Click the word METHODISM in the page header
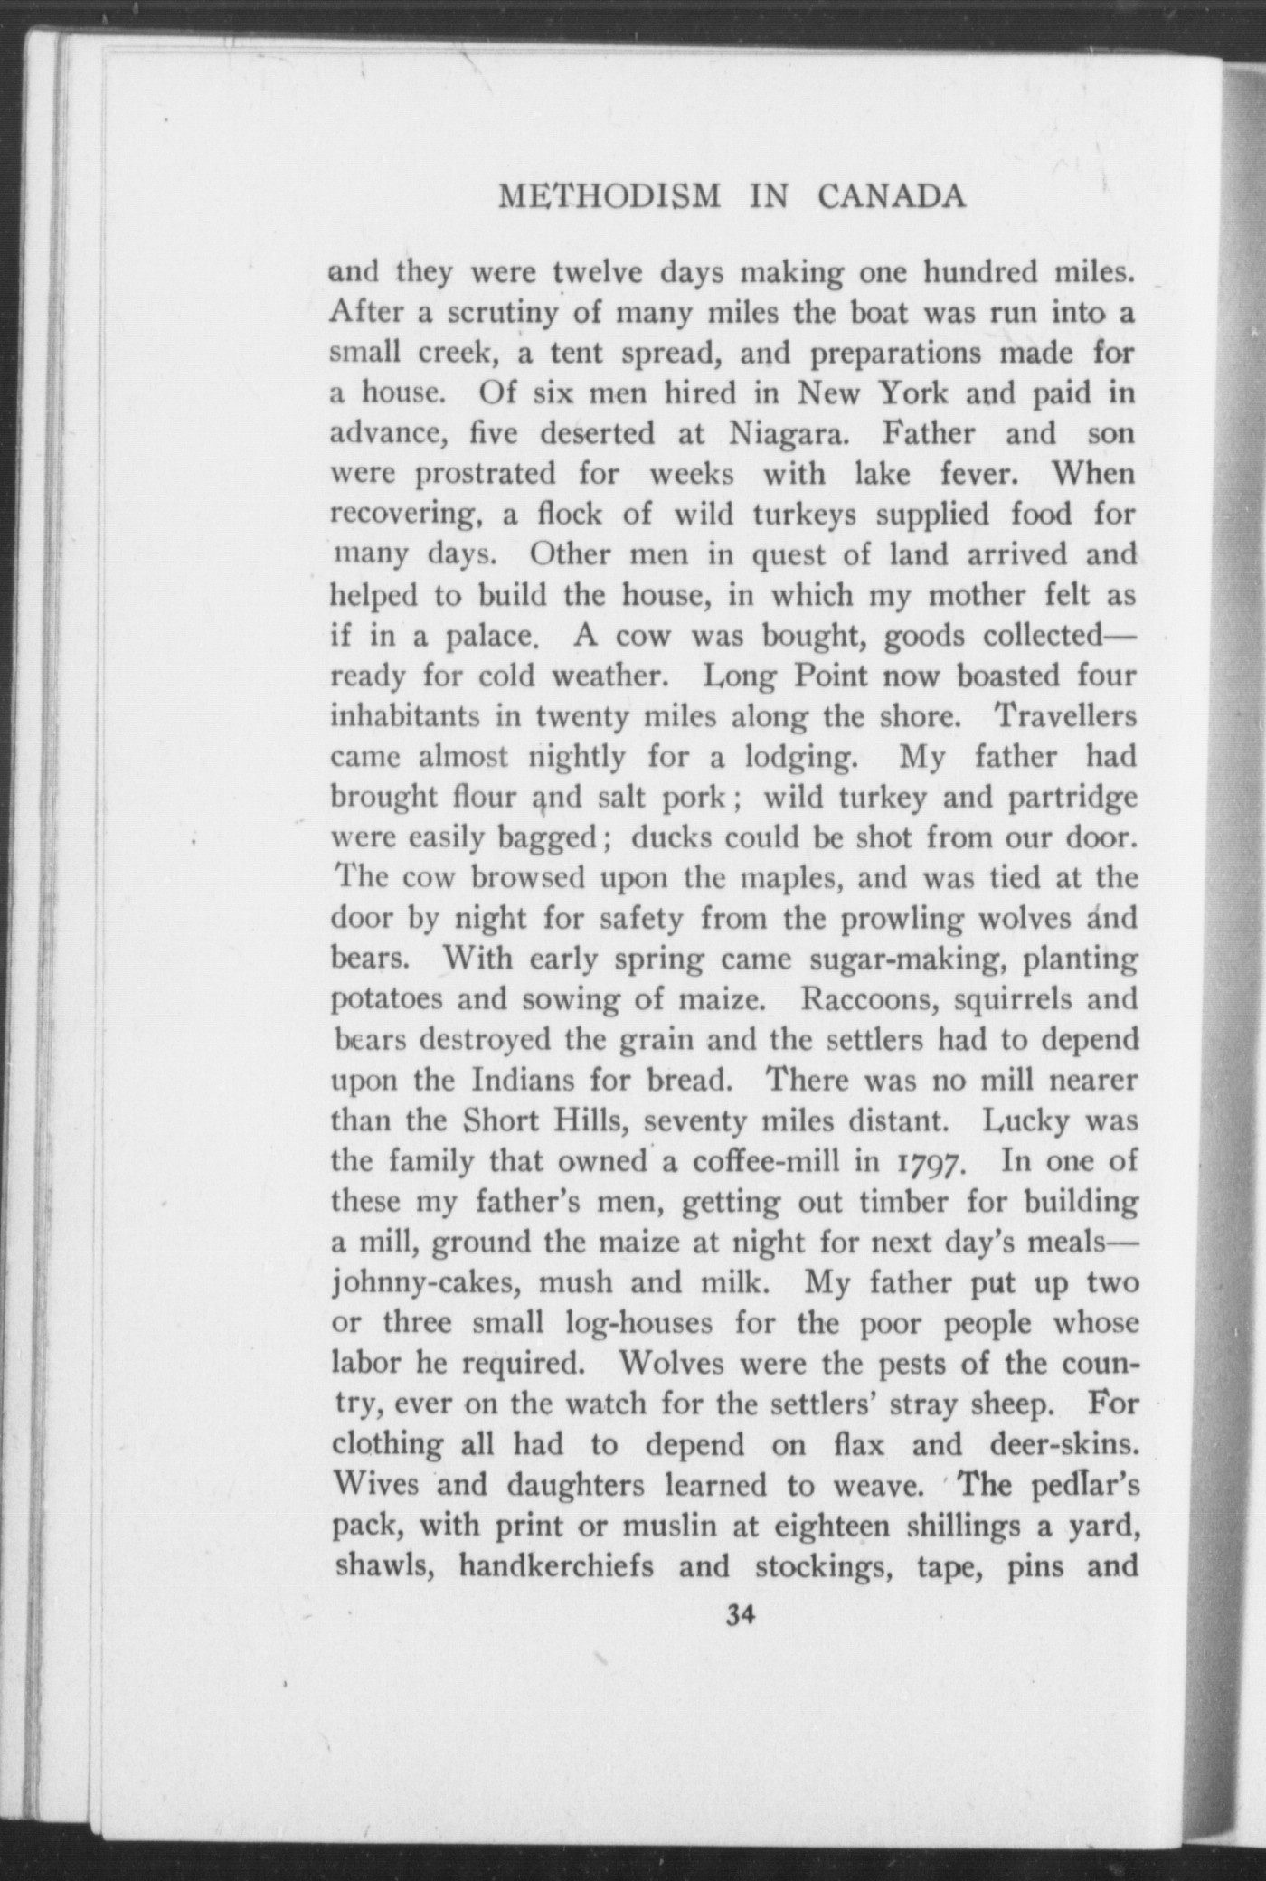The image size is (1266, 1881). (609, 197)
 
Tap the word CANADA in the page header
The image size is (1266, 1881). (891, 197)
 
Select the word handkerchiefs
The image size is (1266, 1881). (556, 1565)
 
